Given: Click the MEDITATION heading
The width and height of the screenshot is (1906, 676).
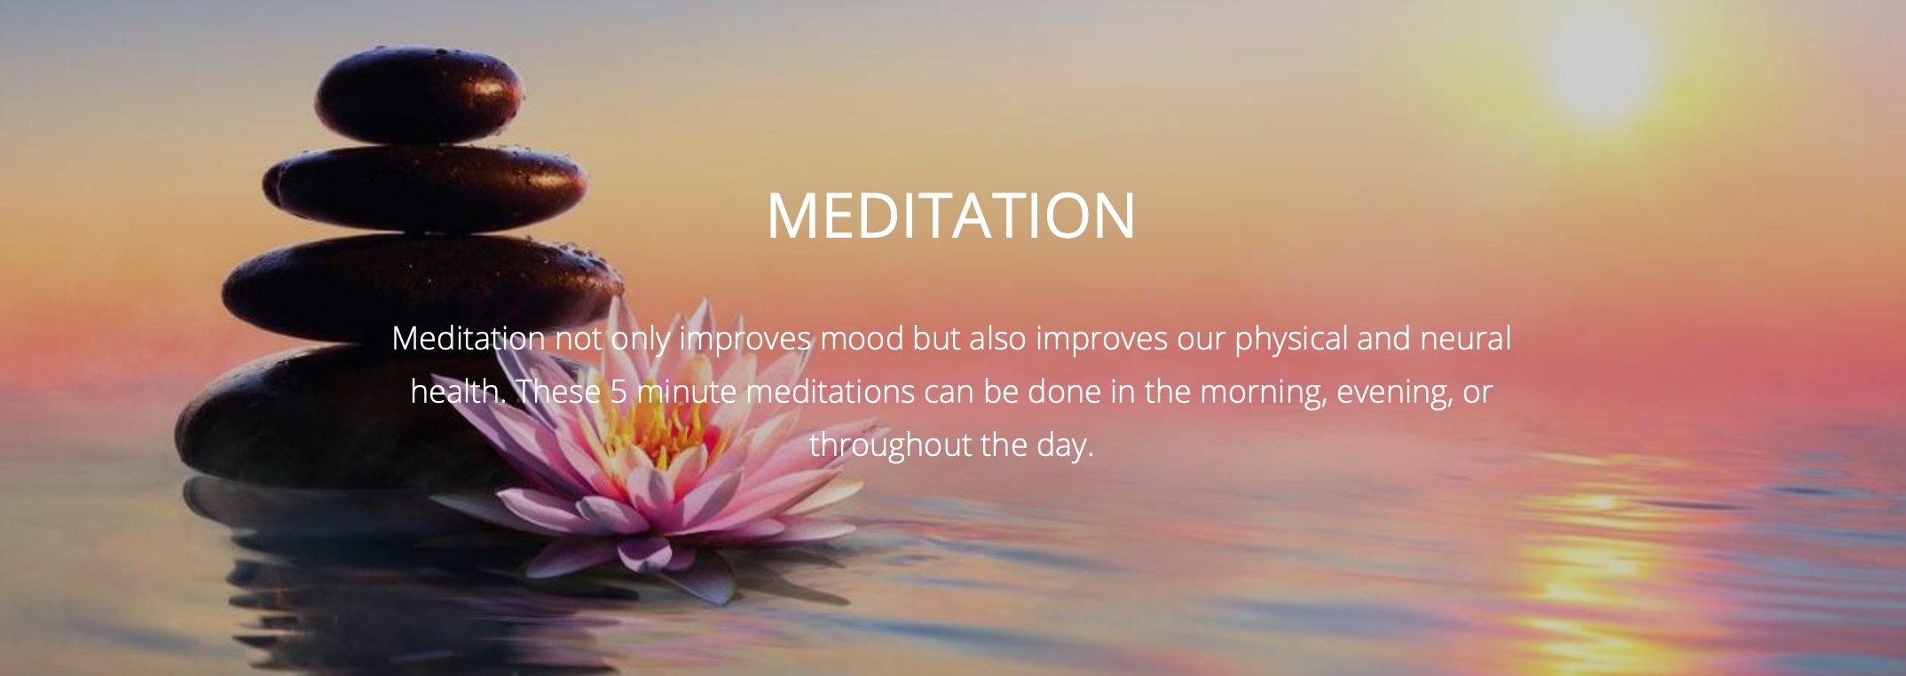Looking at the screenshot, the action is coord(951,215).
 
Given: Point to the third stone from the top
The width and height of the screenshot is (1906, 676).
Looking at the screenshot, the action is coord(421,287).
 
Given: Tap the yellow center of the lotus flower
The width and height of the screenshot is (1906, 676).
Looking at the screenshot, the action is coord(657,430).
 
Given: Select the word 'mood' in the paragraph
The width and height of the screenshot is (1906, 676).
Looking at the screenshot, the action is coord(860,339).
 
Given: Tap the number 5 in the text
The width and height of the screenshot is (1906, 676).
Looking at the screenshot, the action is coord(618,392).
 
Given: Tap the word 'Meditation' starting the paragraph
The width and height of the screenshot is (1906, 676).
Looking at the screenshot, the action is coord(469,339).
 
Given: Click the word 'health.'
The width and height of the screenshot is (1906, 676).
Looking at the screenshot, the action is coord(458,392).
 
